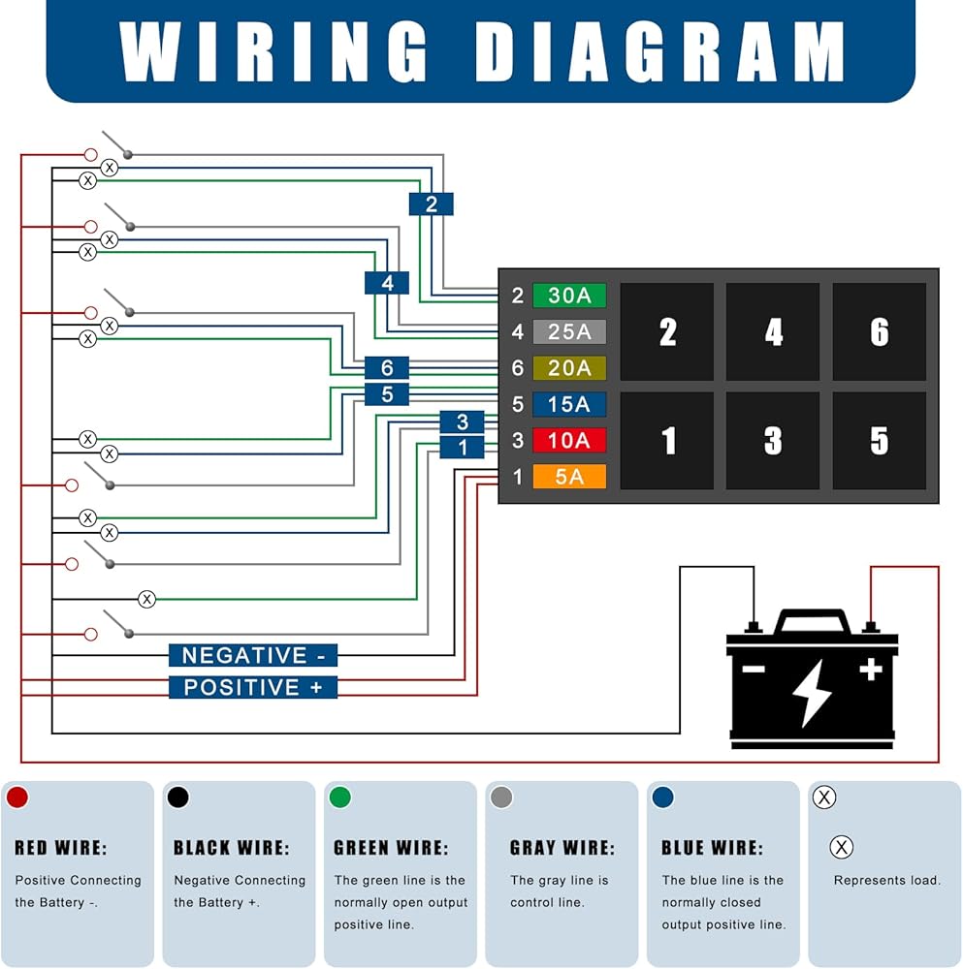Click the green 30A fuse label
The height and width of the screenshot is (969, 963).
[569, 296]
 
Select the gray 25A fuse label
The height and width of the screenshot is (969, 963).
[569, 331]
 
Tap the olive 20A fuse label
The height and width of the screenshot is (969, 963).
[569, 368]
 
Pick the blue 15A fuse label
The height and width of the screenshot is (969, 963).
[569, 404]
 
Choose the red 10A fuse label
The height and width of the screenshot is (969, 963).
[569, 441]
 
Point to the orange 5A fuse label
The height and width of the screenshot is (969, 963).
[569, 477]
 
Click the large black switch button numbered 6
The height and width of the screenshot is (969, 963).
[879, 331]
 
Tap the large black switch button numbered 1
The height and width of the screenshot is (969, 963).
[667, 441]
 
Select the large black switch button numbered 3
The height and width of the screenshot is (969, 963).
[773, 441]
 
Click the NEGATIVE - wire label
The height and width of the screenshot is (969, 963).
[253, 655]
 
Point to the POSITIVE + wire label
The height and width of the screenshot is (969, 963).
[253, 687]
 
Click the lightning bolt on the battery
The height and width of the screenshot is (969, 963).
[812, 692]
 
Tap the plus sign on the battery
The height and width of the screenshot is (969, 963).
[871, 670]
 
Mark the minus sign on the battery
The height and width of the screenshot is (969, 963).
[754, 669]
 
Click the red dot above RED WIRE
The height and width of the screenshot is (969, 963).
[17, 797]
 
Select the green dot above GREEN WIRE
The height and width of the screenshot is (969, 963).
[340, 797]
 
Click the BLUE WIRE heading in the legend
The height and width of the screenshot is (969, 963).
[712, 848]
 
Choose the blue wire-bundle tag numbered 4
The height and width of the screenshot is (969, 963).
[387, 283]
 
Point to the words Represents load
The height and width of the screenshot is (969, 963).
[887, 880]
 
